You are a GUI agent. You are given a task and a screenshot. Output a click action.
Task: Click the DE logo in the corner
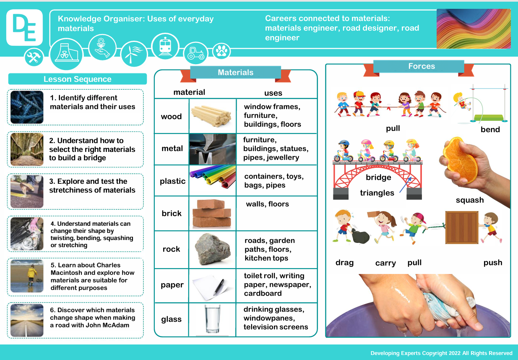[24, 28]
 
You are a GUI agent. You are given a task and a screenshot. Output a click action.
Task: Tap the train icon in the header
[165, 47]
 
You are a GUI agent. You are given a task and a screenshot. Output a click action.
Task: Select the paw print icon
[221, 51]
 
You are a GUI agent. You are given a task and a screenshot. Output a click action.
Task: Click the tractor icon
[196, 54]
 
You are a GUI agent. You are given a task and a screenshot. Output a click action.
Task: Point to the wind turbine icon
[134, 54]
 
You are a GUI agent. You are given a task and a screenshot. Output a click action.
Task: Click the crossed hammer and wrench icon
[34, 57]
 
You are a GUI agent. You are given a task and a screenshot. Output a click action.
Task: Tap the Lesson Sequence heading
[78, 79]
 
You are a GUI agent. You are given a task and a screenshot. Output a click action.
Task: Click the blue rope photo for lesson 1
[27, 107]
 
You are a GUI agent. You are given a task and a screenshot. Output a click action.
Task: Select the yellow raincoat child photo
[27, 276]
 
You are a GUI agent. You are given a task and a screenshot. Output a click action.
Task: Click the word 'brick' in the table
[172, 213]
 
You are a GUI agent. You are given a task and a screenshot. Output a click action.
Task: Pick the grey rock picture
[213, 249]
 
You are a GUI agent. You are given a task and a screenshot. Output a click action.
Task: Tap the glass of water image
[212, 319]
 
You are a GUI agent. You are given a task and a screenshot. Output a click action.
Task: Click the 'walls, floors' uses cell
[267, 204]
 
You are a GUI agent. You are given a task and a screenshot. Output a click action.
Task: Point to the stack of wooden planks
[211, 116]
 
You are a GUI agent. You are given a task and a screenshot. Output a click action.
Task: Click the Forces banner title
[422, 66]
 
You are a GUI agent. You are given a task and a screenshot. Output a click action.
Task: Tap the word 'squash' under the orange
[470, 200]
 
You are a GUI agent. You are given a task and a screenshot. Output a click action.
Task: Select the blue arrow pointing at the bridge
[405, 185]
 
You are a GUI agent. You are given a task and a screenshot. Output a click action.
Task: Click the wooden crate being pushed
[462, 227]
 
